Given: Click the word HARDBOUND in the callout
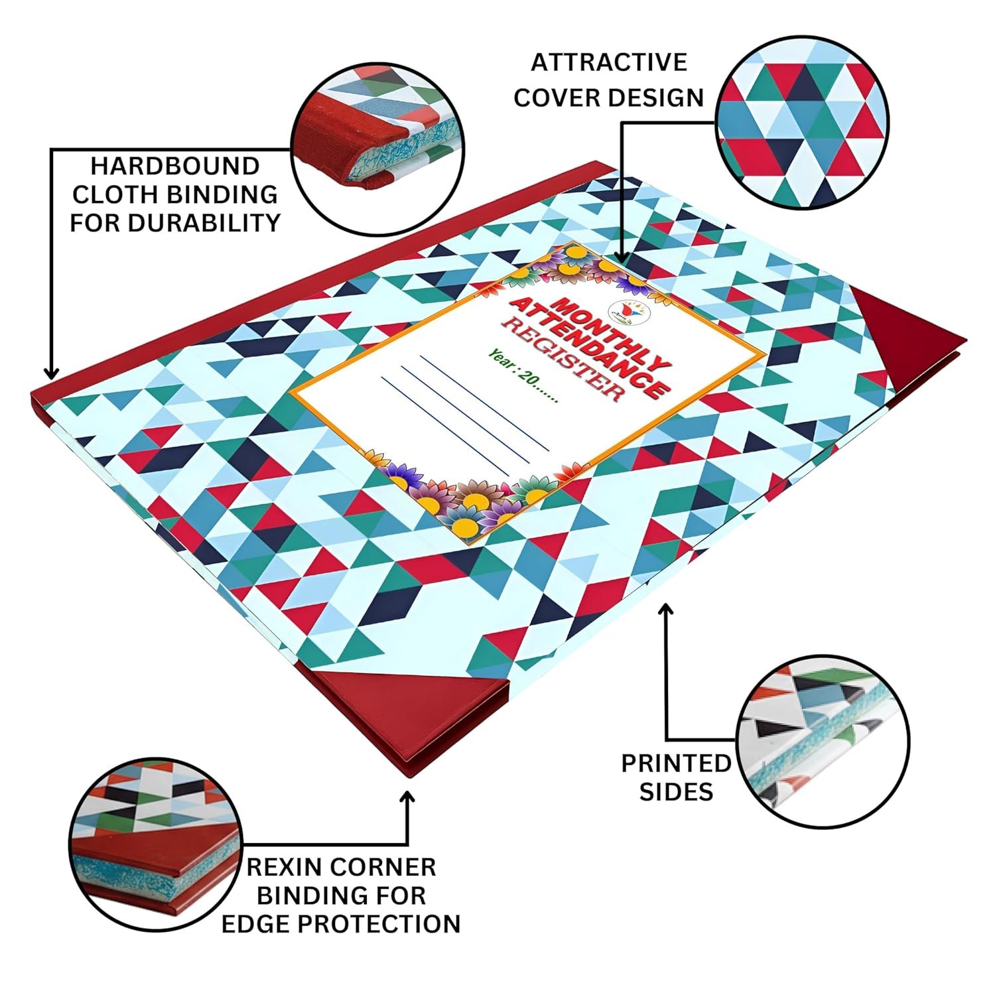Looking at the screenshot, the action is pyautogui.click(x=174, y=165).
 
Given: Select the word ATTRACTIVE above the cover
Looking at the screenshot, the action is pyautogui.click(x=609, y=62).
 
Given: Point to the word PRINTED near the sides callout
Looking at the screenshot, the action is pyautogui.click(x=676, y=763).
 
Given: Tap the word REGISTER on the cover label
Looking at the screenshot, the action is pyautogui.click(x=563, y=358).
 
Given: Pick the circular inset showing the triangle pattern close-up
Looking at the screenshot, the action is pyautogui.click(x=803, y=122).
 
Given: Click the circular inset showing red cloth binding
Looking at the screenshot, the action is pyautogui.click(x=378, y=150).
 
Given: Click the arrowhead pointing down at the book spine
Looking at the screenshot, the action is pyautogui.click(x=52, y=371).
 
